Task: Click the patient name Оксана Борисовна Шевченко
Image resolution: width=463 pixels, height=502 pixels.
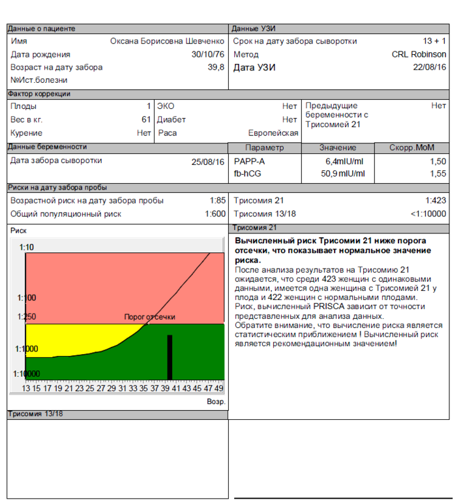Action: (167, 41)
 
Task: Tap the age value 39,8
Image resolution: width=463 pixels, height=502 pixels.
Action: (217, 67)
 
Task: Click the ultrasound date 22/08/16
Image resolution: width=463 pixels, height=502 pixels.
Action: (430, 67)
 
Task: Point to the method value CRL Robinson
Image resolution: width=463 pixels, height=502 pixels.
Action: (419, 54)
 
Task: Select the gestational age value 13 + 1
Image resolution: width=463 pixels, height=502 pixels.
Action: (434, 41)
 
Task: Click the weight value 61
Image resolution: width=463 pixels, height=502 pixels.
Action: (146, 119)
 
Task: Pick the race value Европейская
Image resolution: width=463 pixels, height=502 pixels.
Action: (273, 132)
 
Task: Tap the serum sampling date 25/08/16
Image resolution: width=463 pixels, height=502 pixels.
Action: (208, 161)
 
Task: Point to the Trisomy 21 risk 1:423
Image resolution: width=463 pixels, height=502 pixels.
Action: (436, 201)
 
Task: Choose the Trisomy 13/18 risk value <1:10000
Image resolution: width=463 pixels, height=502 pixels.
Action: (428, 214)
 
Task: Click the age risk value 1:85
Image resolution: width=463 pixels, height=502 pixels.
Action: (217, 201)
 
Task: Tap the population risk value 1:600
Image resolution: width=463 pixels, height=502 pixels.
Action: (215, 214)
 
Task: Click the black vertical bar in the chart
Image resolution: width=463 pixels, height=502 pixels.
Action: (170, 357)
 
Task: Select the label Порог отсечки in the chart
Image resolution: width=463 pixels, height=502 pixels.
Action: (149, 317)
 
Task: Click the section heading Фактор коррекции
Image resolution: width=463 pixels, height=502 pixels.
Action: (38, 94)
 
